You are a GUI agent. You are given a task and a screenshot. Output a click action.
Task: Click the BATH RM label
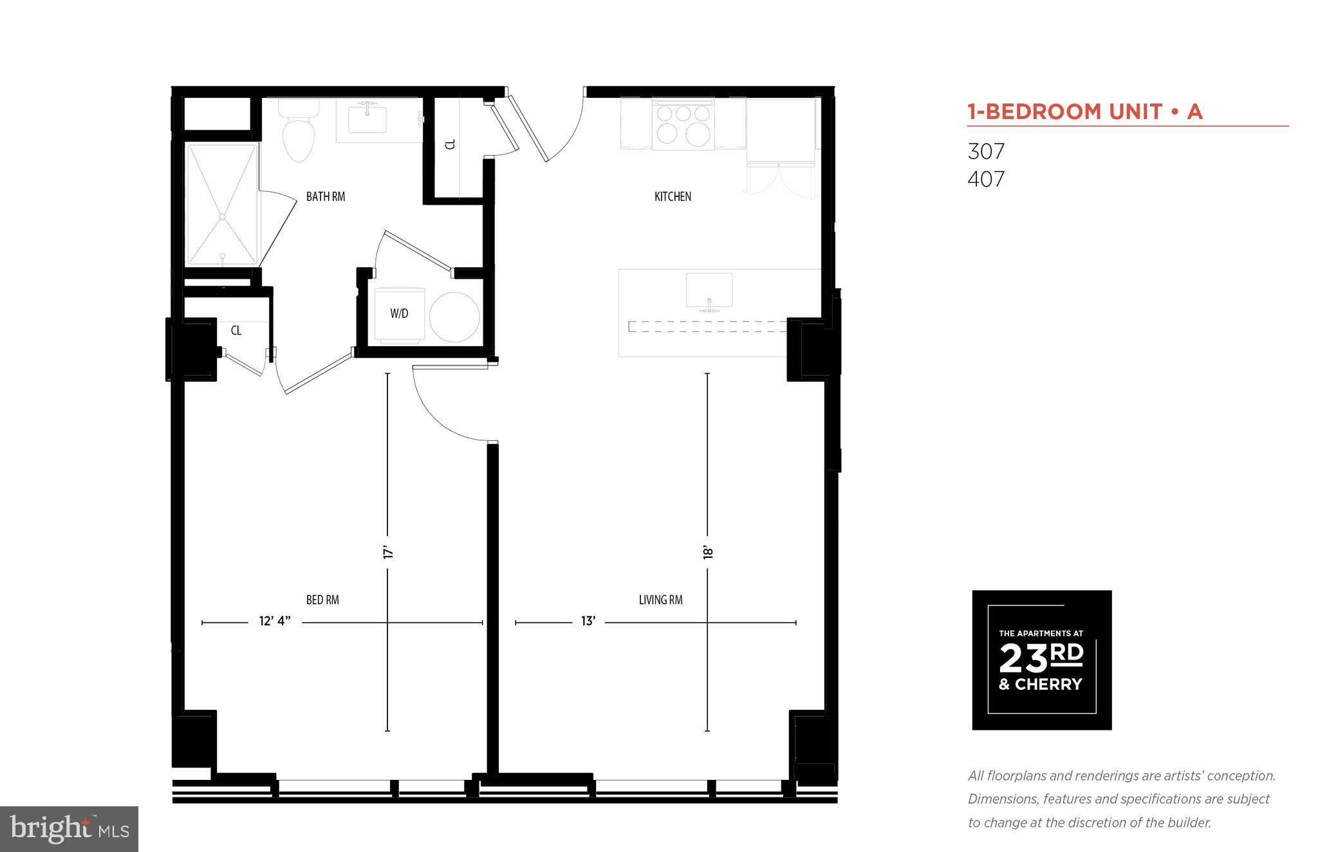(x=325, y=196)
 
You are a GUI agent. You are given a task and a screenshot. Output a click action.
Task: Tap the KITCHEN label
(x=673, y=196)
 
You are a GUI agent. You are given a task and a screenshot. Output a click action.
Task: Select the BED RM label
(x=322, y=600)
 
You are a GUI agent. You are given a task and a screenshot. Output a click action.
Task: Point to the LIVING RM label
(x=660, y=600)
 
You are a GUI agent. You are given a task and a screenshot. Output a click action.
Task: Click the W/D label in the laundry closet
(x=399, y=313)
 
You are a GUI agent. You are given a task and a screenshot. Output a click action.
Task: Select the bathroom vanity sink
(x=367, y=120)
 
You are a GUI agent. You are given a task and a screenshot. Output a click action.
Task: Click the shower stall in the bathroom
(x=222, y=204)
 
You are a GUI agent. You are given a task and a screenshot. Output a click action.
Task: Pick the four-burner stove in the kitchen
(x=683, y=124)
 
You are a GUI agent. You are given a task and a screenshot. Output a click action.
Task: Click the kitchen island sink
(x=709, y=290)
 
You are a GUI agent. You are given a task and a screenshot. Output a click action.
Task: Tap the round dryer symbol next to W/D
(x=454, y=318)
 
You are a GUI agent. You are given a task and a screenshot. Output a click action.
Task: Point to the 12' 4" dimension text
(x=275, y=621)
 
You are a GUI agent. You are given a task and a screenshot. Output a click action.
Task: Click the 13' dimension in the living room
(x=588, y=621)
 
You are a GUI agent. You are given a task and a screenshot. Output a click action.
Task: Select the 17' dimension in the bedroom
(x=387, y=552)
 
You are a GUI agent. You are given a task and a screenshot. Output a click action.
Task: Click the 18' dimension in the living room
(x=707, y=552)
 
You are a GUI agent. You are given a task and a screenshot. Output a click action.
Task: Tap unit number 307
(x=986, y=151)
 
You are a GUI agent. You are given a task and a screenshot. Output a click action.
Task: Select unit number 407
(x=986, y=179)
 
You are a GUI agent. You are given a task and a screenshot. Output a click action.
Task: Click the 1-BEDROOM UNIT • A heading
(x=1085, y=112)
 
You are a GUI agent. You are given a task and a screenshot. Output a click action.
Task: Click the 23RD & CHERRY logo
(x=1041, y=660)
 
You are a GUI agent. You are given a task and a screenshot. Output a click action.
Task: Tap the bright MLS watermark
(x=69, y=829)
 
